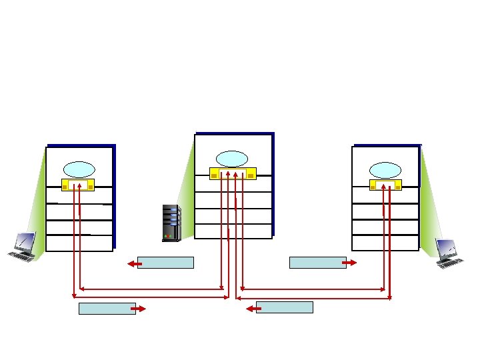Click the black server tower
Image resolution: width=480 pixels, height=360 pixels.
pos(171,222)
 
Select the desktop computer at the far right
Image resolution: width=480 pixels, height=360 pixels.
pos(450,253)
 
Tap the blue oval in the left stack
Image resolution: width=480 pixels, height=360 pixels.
pos(79,169)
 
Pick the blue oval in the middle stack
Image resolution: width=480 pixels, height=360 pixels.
pos(231,158)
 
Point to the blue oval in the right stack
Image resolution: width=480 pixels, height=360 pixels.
pos(385,169)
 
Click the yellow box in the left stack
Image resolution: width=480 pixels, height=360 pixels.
pos(78,185)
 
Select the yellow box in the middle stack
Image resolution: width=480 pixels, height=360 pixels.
pos(233,174)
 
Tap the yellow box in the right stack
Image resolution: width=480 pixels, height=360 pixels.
pos(385,185)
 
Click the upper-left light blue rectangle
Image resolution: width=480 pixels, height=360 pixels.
pos(165,263)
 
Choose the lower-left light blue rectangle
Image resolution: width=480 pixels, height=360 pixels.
pos(107,308)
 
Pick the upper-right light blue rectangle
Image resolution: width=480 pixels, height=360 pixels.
pos(317,263)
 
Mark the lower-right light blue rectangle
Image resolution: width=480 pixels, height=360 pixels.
pos(284,307)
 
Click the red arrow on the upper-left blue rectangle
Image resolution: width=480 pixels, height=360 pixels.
pos(133,265)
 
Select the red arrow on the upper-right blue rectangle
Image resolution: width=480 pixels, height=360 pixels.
pos(349,263)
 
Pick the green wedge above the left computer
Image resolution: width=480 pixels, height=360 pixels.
pos(37,207)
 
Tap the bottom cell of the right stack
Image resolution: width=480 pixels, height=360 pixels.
pos(385,243)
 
